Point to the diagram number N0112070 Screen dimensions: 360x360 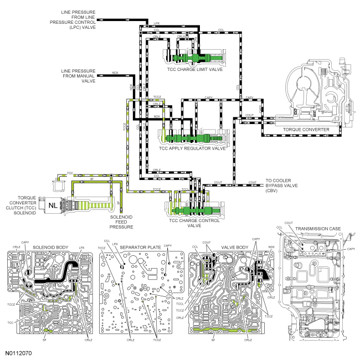point(18,352)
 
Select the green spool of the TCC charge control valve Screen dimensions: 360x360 point(191,210)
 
